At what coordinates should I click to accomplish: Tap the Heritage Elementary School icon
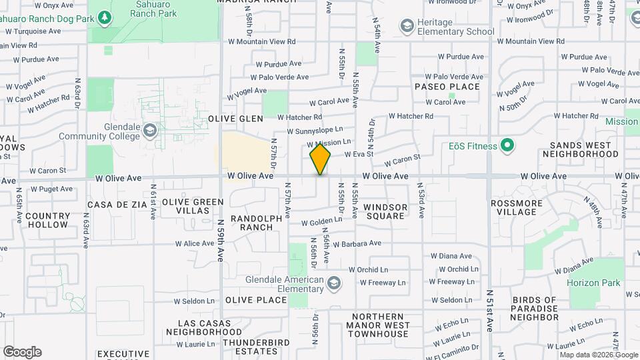[x=407, y=26]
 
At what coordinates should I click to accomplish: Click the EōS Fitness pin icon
[x=507, y=146]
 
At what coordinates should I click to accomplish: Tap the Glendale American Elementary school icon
[x=333, y=285]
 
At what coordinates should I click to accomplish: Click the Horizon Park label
[x=593, y=283]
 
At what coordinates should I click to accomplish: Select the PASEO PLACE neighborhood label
[x=447, y=87]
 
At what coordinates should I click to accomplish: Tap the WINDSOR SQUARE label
[x=385, y=211]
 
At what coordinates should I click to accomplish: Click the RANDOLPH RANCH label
[x=251, y=223]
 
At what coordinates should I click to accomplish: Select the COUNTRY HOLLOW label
[x=48, y=220]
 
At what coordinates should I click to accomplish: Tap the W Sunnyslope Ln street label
[x=315, y=130]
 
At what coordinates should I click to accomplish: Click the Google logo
[x=22, y=352]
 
